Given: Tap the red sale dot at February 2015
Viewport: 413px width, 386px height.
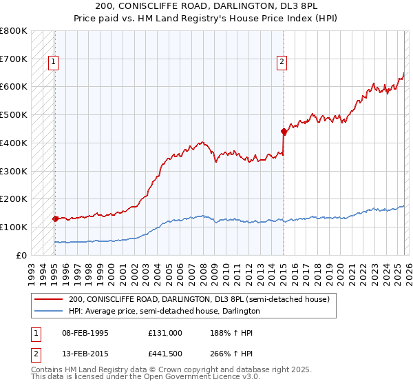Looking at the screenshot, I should [x=283, y=130].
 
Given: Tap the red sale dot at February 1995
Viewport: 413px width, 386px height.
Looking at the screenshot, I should [x=55, y=219].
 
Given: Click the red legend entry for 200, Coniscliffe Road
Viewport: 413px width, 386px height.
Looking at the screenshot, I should [x=199, y=300].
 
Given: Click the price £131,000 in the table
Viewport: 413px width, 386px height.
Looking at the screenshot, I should [x=165, y=332].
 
